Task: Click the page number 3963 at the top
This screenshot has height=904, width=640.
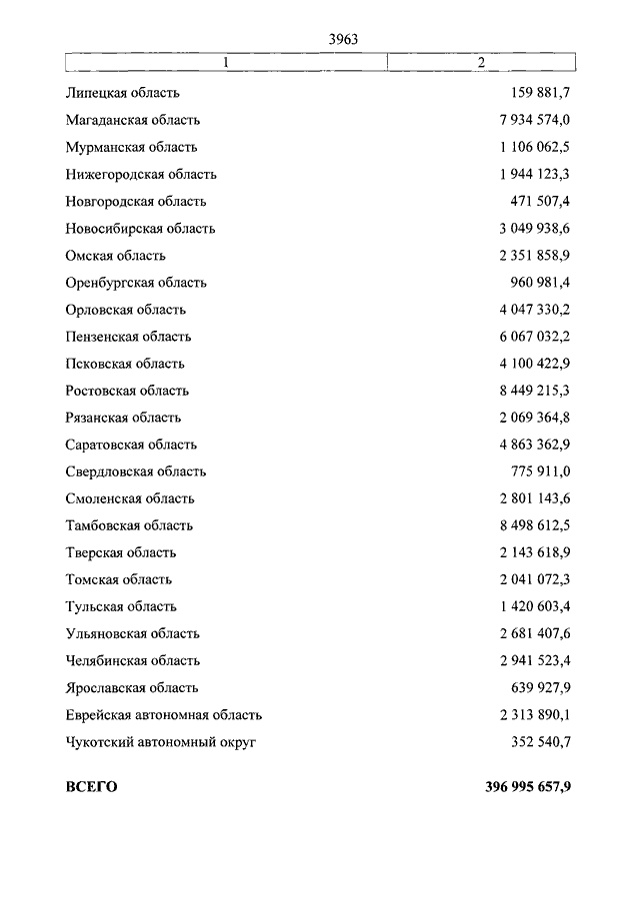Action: (343, 40)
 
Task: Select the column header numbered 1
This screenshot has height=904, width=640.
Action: (226, 63)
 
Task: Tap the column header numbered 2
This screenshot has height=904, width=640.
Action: (481, 63)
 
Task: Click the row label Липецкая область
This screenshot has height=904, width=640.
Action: (123, 93)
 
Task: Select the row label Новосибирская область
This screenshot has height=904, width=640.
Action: (141, 228)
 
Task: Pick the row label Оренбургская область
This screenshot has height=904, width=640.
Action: (137, 282)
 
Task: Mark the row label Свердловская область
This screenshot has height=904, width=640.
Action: (136, 470)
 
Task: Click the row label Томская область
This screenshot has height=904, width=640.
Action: (119, 578)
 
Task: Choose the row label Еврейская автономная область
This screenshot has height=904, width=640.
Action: (164, 713)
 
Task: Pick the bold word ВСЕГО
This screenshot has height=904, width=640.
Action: (92, 787)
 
